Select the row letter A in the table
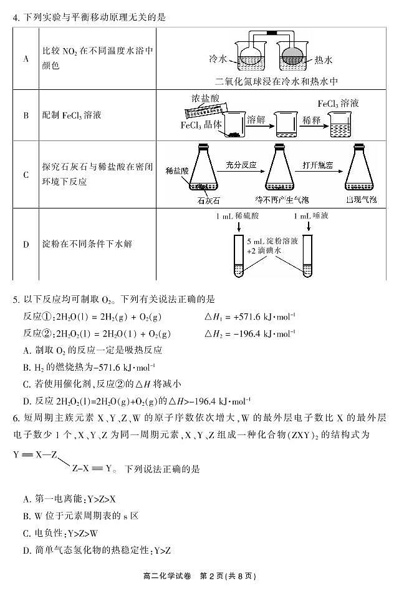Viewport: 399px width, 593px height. pyautogui.click(x=26, y=59)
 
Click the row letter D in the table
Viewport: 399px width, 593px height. pyautogui.click(x=26, y=243)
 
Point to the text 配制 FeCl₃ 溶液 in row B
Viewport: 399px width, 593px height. pyautogui.click(x=72, y=115)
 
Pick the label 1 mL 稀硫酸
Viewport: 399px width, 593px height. pyautogui.click(x=236, y=217)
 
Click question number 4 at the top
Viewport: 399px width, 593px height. pyautogui.click(x=15, y=17)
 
